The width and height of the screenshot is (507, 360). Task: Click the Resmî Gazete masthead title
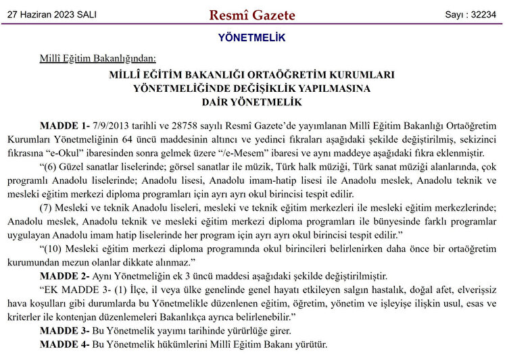click(252, 15)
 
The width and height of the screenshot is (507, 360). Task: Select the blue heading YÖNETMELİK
click(251, 38)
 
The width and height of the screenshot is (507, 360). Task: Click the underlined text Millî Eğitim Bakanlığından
click(99, 59)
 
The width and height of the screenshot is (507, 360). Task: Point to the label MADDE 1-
click(65, 126)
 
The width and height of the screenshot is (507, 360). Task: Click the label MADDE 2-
click(65, 276)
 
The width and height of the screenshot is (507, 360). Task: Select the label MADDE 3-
click(65, 331)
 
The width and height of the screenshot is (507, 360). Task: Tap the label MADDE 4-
click(65, 344)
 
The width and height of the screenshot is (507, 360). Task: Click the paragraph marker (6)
click(50, 167)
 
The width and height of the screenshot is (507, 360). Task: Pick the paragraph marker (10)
click(53, 249)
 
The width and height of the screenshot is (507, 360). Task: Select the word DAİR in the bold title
click(218, 103)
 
